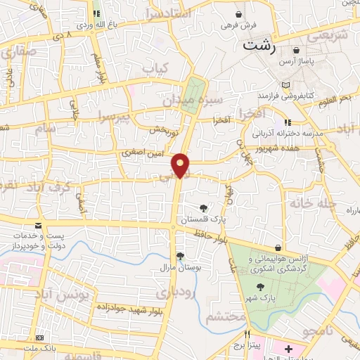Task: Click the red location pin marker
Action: tap(181, 165)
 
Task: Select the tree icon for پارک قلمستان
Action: tap(203, 207)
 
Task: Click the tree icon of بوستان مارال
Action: tap(180, 256)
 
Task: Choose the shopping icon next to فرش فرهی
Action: tap(240, 14)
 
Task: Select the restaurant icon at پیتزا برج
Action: tap(247, 334)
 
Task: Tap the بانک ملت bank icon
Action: tap(39, 338)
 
